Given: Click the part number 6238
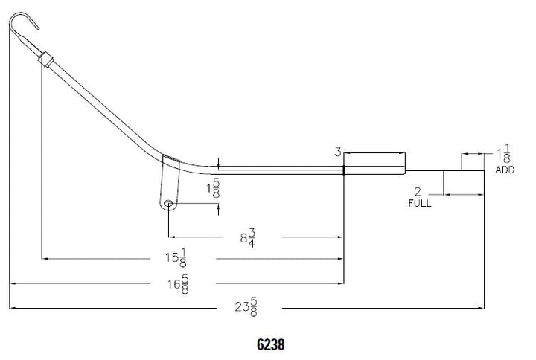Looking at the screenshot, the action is pos(270,344).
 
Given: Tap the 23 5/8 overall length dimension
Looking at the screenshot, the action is pos(246,307).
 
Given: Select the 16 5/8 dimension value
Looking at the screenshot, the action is pos(179,284).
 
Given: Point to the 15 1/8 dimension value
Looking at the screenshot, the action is pos(176,257).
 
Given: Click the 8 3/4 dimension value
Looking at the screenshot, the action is pos(248,238).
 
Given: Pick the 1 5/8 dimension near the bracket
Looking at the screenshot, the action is pos(214,188).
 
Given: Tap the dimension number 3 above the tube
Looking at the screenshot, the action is pos(338,152).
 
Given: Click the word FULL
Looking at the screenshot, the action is pos(419,203).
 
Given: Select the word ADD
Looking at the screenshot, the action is pos(505,170).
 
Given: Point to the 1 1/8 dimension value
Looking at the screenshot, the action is pos(505,154).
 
